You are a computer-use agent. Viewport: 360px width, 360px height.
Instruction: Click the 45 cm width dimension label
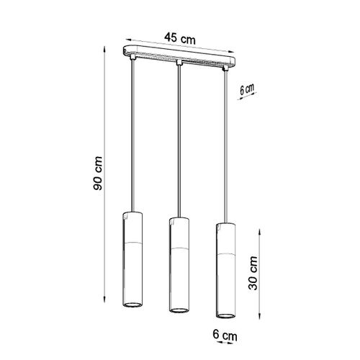coord(179,38)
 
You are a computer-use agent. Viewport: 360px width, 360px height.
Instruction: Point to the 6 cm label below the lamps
coord(224,335)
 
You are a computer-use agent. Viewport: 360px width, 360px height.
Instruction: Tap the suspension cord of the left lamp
coord(132,137)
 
